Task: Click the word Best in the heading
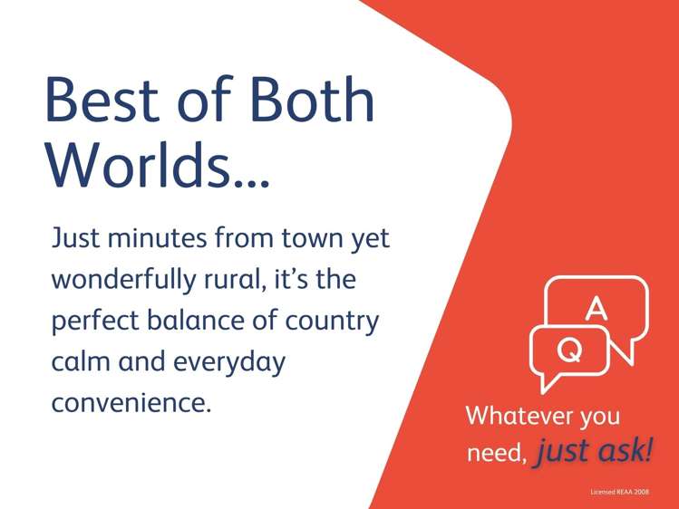102,100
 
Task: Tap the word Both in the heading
312,99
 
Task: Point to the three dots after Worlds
252,182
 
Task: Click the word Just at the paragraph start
75,237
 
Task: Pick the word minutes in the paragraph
157,238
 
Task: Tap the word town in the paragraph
311,239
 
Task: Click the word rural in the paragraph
235,279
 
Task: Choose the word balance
196,320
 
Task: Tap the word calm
81,361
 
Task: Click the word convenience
131,403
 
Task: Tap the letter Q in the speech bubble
569,349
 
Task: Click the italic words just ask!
594,451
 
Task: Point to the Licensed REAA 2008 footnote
620,492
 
